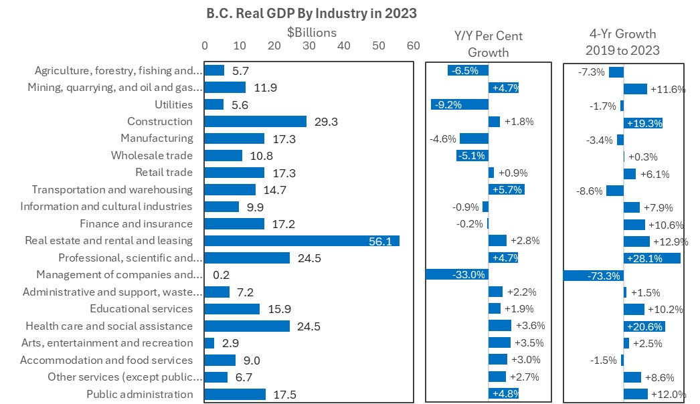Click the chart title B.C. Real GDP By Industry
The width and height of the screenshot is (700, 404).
tap(311, 13)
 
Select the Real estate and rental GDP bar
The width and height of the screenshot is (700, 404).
tap(301, 241)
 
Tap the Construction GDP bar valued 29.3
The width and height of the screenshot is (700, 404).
tap(255, 122)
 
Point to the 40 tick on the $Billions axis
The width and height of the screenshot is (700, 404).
tap(344, 45)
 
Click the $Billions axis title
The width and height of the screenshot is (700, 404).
tap(312, 31)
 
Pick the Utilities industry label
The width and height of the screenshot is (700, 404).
tap(173, 104)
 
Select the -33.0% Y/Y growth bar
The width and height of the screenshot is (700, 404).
tap(457, 274)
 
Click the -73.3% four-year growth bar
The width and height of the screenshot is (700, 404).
tap(594, 275)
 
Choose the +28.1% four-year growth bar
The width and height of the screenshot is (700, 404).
tap(652, 258)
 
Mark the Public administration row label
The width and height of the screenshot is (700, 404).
tap(139, 394)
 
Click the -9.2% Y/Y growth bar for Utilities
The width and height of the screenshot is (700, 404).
tap(460, 104)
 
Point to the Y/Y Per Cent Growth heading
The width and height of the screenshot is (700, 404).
tap(489, 43)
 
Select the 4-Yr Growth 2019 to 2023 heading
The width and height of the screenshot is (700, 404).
tap(622, 41)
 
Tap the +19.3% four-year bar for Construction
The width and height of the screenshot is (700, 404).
tap(643, 122)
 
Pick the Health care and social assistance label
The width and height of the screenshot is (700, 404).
tap(109, 326)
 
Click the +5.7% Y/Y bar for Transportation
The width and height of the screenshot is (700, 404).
tap(507, 189)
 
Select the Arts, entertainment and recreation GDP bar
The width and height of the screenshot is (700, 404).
tap(209, 342)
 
